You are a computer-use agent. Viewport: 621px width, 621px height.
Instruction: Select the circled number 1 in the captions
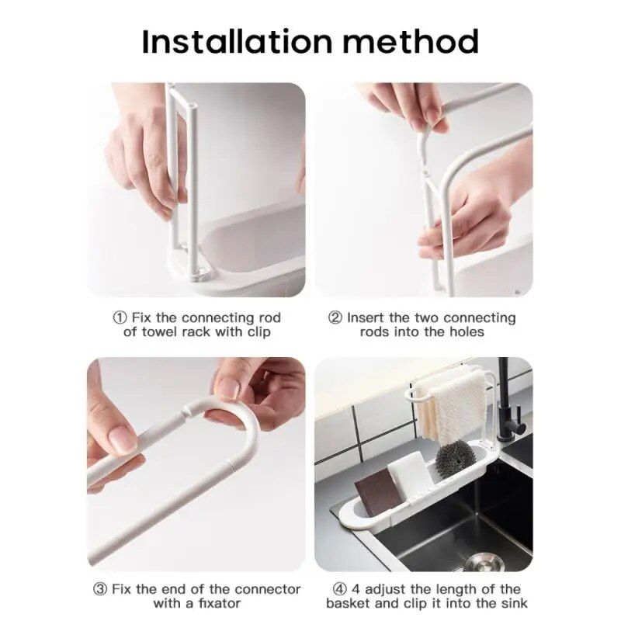(120, 317)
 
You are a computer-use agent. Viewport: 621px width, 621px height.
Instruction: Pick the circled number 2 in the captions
(335, 317)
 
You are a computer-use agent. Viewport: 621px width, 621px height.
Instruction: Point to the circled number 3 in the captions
(100, 589)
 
